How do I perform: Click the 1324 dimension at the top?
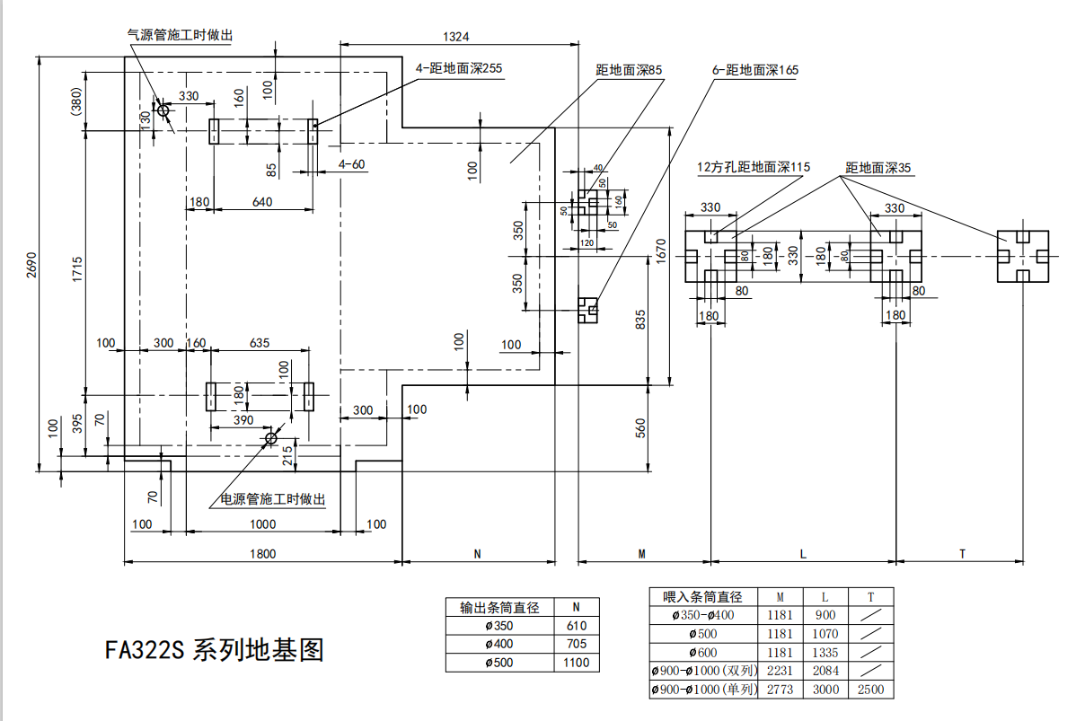(x=457, y=37)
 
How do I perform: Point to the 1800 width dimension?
(x=262, y=554)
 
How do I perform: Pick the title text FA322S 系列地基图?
(x=214, y=650)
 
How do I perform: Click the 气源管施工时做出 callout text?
(x=181, y=33)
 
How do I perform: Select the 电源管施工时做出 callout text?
(x=273, y=499)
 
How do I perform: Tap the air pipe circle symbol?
(x=163, y=110)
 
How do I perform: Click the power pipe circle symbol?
(x=270, y=437)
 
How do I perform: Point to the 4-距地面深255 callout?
(x=458, y=69)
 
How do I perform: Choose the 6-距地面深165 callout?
(x=754, y=69)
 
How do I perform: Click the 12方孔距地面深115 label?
(x=754, y=167)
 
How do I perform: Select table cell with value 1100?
(x=576, y=663)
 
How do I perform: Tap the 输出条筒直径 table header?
(x=499, y=608)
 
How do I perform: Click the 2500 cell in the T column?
(x=870, y=690)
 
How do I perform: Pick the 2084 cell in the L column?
(x=825, y=671)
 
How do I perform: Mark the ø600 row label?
(x=703, y=652)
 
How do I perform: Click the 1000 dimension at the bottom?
(x=263, y=524)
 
